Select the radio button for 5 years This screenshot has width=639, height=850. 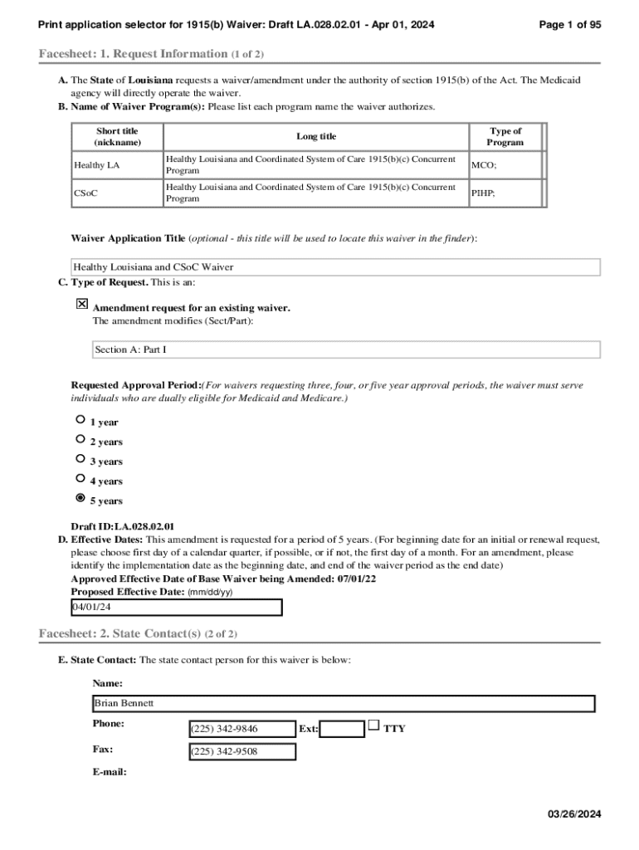tap(80, 498)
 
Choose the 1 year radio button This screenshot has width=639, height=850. tap(80, 420)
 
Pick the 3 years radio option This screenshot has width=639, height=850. tap(80, 459)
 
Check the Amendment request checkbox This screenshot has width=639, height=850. tap(82, 305)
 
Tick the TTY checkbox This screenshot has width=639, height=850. tap(374, 725)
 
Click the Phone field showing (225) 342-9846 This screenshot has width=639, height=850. tap(242, 729)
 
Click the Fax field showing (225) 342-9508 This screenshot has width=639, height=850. tap(242, 752)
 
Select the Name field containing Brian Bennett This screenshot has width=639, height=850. tap(344, 703)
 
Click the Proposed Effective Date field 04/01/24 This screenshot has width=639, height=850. tap(177, 608)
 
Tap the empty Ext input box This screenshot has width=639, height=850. tap(342, 729)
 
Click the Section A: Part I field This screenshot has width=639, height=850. tap(345, 350)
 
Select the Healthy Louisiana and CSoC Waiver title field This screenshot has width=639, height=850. tap(335, 267)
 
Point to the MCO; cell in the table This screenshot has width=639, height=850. tap(484, 165)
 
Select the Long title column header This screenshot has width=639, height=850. tap(316, 136)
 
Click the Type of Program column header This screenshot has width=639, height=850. tap(505, 136)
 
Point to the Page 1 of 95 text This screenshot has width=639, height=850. tap(569, 25)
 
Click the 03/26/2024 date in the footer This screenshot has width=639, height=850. tap(573, 814)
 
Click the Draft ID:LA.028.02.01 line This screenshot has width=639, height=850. tap(123, 526)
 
